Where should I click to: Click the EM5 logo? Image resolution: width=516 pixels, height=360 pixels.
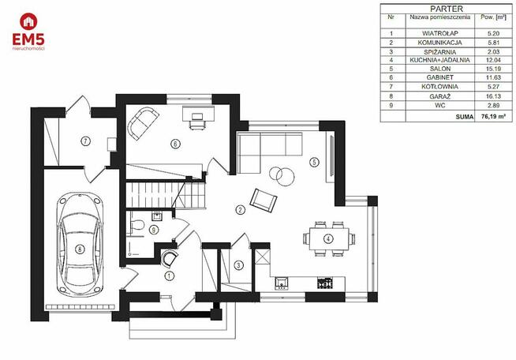(x=28, y=32)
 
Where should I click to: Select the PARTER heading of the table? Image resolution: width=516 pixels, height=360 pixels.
(x=447, y=9)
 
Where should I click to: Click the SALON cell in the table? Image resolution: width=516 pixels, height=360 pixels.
(x=440, y=69)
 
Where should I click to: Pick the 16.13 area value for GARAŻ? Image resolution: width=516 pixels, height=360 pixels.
(x=493, y=96)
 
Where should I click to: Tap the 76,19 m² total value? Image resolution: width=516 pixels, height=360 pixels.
(x=493, y=116)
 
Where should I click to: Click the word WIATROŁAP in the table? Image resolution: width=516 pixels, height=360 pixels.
(x=440, y=33)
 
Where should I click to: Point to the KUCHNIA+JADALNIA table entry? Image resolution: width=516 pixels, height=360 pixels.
(x=439, y=60)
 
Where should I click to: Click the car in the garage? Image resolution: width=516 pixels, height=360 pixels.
(x=80, y=244)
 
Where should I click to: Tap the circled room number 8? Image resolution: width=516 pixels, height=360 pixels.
(x=80, y=249)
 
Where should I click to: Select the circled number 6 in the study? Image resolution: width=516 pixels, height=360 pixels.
(x=175, y=144)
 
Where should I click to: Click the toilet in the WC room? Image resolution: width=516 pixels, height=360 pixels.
(x=137, y=225)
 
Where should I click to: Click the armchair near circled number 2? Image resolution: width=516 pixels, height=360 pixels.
(x=264, y=200)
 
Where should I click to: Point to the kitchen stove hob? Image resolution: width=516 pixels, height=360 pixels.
(x=325, y=283)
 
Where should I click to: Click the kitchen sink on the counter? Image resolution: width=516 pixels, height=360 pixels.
(x=282, y=283)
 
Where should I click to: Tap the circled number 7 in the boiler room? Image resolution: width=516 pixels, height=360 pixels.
(x=85, y=141)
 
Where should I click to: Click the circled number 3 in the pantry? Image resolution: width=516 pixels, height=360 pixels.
(x=239, y=265)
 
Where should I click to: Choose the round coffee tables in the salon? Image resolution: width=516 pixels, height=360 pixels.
(x=282, y=176)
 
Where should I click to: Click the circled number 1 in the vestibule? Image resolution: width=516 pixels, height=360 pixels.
(x=169, y=276)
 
